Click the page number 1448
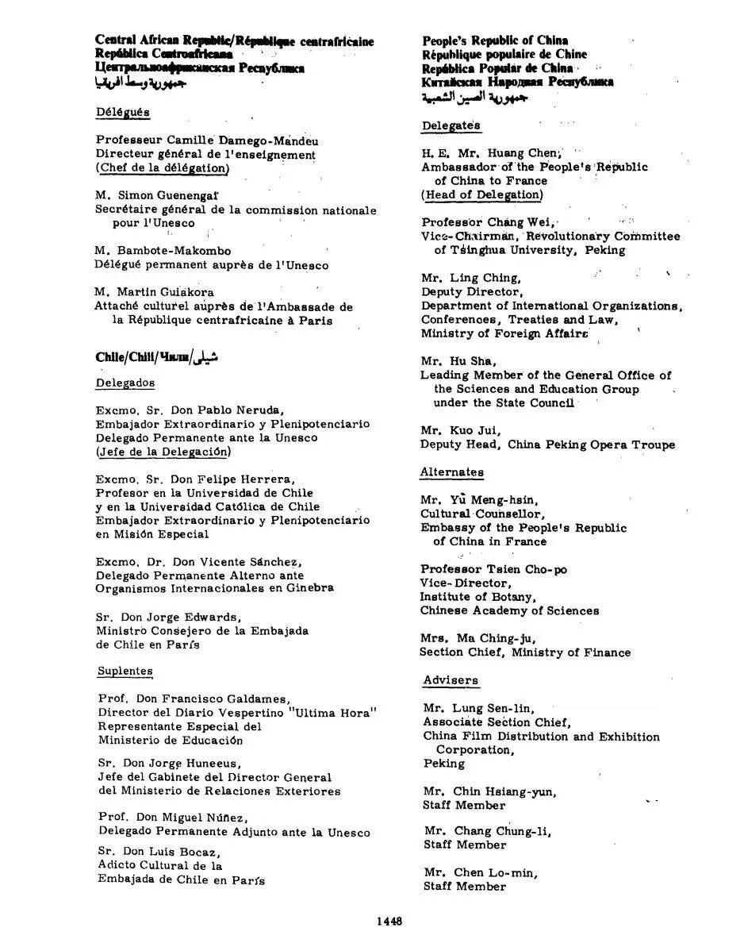point(390,921)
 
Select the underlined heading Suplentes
point(125,671)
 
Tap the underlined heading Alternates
point(451,472)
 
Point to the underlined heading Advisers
point(450,680)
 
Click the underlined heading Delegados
point(125,383)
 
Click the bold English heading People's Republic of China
point(495,40)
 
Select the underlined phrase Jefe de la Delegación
point(163,452)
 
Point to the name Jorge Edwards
point(198,617)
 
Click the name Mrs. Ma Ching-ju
point(479,638)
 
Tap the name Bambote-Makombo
point(174,251)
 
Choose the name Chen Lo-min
point(496,872)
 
